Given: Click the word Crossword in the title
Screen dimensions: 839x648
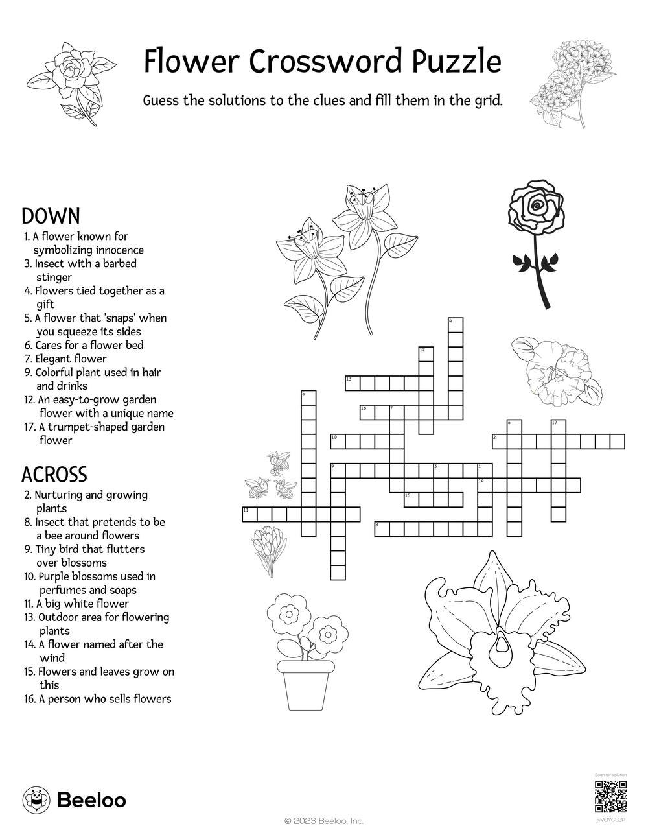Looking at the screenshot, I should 323,62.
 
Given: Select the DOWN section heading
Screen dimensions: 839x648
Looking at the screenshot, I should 51,216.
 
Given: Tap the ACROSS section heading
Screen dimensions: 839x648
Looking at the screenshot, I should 54,475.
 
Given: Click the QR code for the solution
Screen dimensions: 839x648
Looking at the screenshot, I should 610,797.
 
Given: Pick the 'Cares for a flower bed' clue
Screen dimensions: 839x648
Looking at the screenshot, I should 89,345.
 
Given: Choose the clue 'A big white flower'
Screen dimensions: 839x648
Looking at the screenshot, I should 82,604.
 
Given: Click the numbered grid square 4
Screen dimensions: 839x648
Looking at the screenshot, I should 456,325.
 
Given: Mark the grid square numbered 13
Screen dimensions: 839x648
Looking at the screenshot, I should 352,383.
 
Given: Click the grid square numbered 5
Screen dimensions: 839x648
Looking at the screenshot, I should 308,397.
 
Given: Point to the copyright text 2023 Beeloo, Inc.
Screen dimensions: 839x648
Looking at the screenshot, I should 324,821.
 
